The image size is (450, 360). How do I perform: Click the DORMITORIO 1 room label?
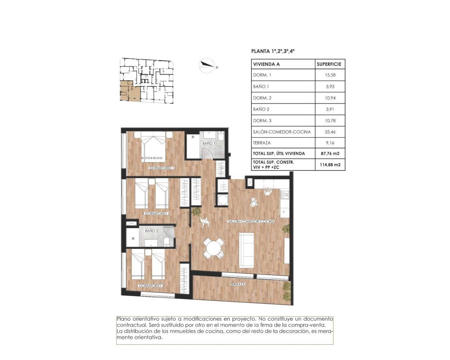click(x=162, y=168)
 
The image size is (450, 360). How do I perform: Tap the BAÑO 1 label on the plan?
click(x=208, y=143)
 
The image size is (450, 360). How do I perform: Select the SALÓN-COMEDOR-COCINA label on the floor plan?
click(x=251, y=221)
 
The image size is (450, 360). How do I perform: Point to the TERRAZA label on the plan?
click(x=238, y=284)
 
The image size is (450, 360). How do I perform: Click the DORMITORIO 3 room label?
click(x=151, y=286)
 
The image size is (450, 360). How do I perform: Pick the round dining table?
click(x=214, y=249)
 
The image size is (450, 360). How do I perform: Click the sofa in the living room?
click(x=246, y=249)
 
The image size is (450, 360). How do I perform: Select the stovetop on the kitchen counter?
click(x=284, y=194)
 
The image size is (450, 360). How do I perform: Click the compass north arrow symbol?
click(x=207, y=65)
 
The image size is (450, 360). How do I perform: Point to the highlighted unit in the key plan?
click(x=130, y=91)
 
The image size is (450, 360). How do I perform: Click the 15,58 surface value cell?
click(x=330, y=75)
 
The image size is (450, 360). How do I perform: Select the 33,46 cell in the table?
click(x=330, y=132)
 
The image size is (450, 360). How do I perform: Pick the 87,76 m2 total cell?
click(x=330, y=153)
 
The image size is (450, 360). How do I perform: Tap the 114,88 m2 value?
click(x=330, y=165)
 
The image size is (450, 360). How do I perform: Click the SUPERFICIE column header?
click(x=329, y=64)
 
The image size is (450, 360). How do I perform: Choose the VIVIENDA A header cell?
click(x=266, y=64)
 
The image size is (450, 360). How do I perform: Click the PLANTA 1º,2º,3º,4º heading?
click(x=273, y=51)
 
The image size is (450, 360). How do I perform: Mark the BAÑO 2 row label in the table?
click(x=261, y=109)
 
